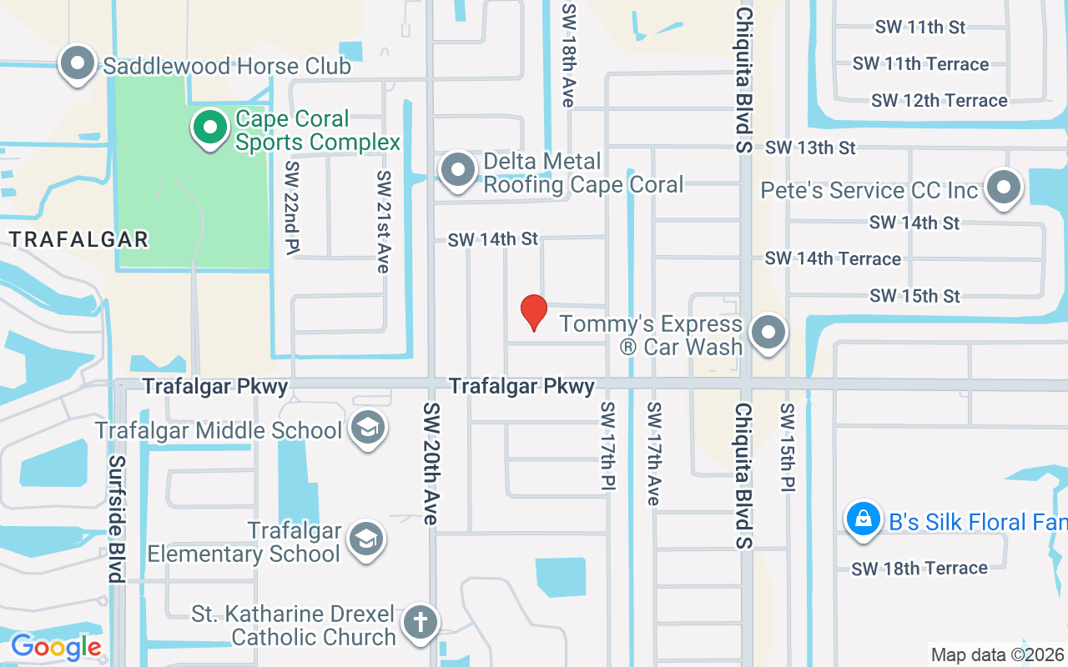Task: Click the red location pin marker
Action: pyautogui.click(x=533, y=312)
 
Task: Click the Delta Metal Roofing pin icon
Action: pyautogui.click(x=457, y=170)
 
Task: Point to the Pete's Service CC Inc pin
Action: pyautogui.click(x=1004, y=188)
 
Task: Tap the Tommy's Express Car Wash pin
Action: pyautogui.click(x=768, y=333)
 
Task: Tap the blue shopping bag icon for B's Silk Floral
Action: pyautogui.click(x=864, y=519)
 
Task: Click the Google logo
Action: pyautogui.click(x=56, y=647)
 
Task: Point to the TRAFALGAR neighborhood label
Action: pyautogui.click(x=78, y=239)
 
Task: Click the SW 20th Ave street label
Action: pyautogui.click(x=431, y=464)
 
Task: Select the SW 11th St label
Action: pyautogui.click(x=920, y=27)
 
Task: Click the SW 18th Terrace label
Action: pyautogui.click(x=919, y=569)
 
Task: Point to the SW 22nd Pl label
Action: pyautogui.click(x=291, y=208)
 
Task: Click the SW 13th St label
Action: pyautogui.click(x=810, y=148)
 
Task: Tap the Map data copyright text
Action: pyautogui.click(x=998, y=655)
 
